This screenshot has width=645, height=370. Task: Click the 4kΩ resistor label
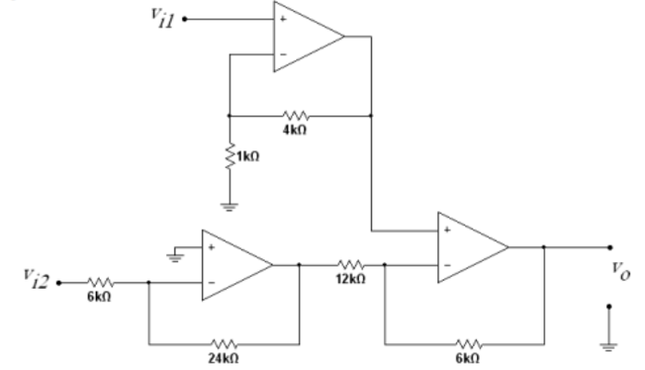click(x=296, y=131)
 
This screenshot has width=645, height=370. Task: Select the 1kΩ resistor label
click(x=248, y=157)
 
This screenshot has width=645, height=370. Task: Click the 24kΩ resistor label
click(x=223, y=357)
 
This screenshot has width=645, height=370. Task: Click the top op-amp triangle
click(x=305, y=37)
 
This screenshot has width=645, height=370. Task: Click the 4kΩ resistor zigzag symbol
click(x=296, y=115)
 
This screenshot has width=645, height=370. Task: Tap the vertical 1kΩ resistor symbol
click(x=228, y=157)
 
